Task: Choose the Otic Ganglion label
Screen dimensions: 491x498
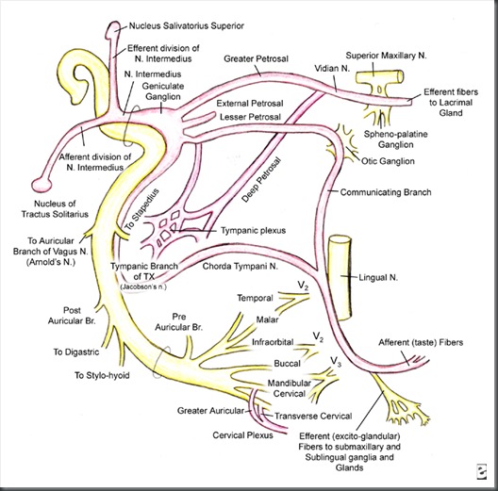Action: (x=390, y=161)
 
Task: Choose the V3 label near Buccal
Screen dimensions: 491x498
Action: (x=335, y=359)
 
